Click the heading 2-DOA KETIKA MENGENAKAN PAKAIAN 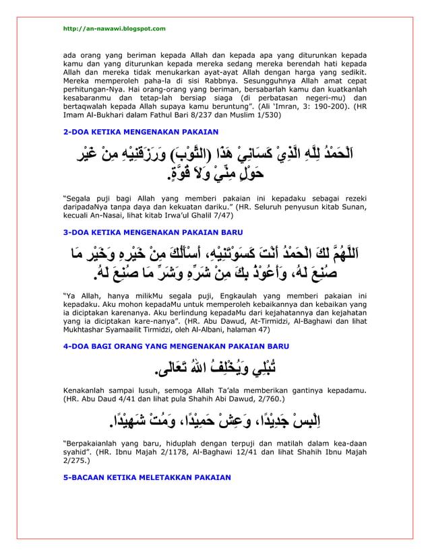coord(140,131)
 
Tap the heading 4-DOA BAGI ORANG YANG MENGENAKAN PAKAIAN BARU coord(175,346)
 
